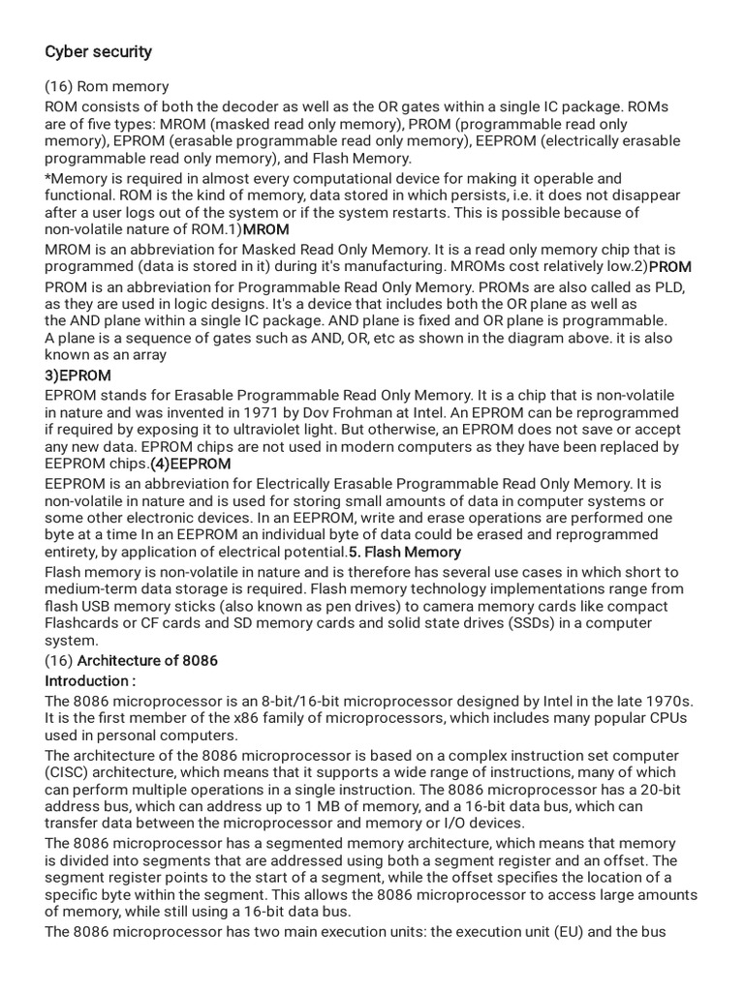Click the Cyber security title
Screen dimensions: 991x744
(x=98, y=51)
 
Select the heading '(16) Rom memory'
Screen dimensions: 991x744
(x=107, y=87)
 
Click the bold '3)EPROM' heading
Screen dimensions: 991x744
(x=77, y=375)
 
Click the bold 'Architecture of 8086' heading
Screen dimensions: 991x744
(x=147, y=661)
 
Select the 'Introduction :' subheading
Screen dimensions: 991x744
(x=88, y=681)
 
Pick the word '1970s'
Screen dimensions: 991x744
(x=672, y=701)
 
